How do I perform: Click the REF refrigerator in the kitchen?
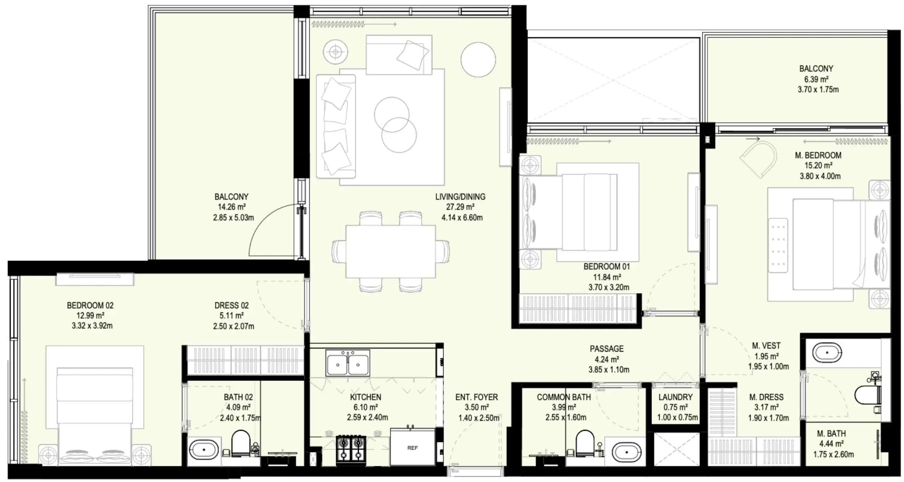click(412, 447)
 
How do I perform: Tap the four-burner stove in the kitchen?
click(351, 448)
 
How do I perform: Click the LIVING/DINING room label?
click(460, 197)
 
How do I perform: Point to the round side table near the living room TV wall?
click(478, 59)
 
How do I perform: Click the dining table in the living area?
click(390, 251)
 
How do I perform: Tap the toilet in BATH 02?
click(241, 443)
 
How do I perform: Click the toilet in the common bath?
click(585, 443)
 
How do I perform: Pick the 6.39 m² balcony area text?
click(816, 79)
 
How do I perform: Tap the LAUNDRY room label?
click(675, 397)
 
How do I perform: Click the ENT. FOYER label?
click(476, 397)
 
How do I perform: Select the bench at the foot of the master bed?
click(778, 246)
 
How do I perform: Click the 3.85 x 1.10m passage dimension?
click(608, 370)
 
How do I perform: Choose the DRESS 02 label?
click(232, 305)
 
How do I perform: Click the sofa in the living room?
click(335, 126)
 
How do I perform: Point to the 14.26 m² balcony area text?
click(232, 207)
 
